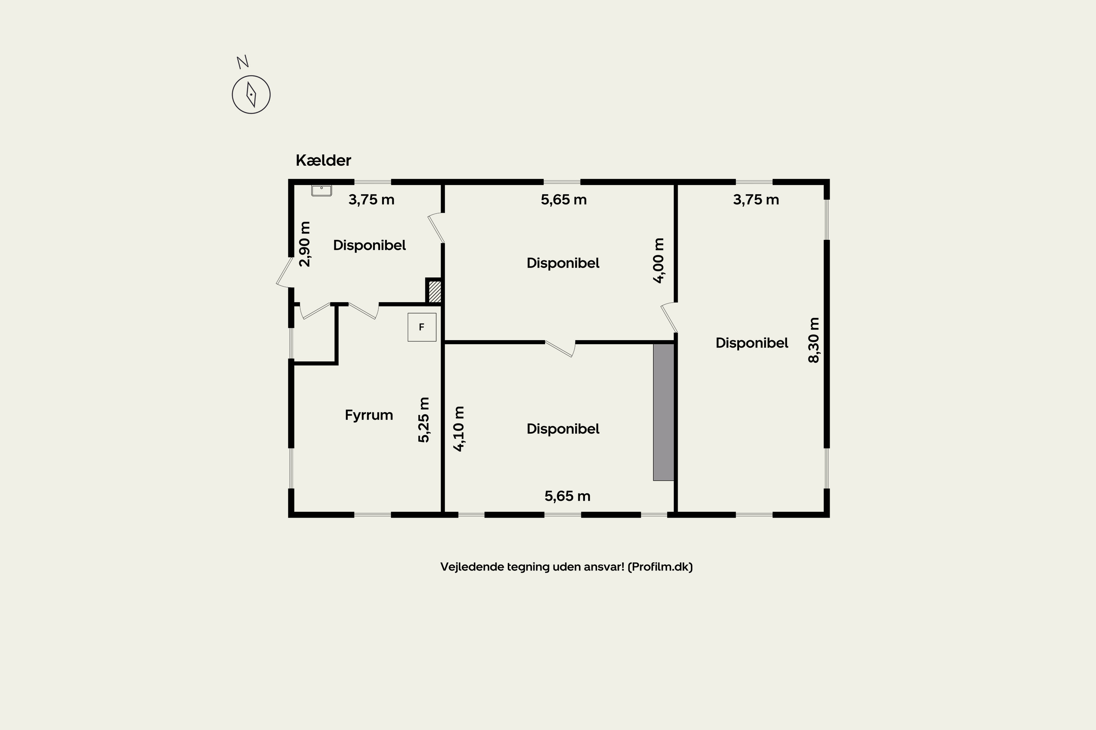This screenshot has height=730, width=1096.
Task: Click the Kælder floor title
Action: pyautogui.click(x=323, y=160)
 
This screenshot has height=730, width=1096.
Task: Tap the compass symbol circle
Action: pyautogui.click(x=251, y=95)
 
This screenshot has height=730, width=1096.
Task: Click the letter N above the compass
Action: pyautogui.click(x=242, y=62)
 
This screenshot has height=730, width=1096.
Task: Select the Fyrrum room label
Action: pyautogui.click(x=369, y=415)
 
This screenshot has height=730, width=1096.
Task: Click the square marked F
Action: pyautogui.click(x=422, y=327)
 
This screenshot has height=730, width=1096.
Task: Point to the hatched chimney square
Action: pyautogui.click(x=434, y=291)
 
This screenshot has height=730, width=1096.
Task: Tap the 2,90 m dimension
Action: pyautogui.click(x=304, y=244)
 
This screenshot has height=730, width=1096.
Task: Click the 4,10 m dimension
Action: pyautogui.click(x=458, y=429)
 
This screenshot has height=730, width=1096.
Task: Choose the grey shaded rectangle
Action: pyautogui.click(x=663, y=412)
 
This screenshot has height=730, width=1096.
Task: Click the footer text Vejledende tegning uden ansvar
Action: pyautogui.click(x=566, y=566)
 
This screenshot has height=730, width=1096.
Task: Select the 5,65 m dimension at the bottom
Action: pyautogui.click(x=567, y=496)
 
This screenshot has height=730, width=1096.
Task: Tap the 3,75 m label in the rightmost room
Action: pyautogui.click(x=756, y=200)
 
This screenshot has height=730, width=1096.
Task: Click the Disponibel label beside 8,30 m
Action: pyautogui.click(x=751, y=343)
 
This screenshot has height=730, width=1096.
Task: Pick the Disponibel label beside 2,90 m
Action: pyautogui.click(x=369, y=245)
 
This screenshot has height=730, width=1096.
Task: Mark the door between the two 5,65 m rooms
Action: pyautogui.click(x=560, y=348)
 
